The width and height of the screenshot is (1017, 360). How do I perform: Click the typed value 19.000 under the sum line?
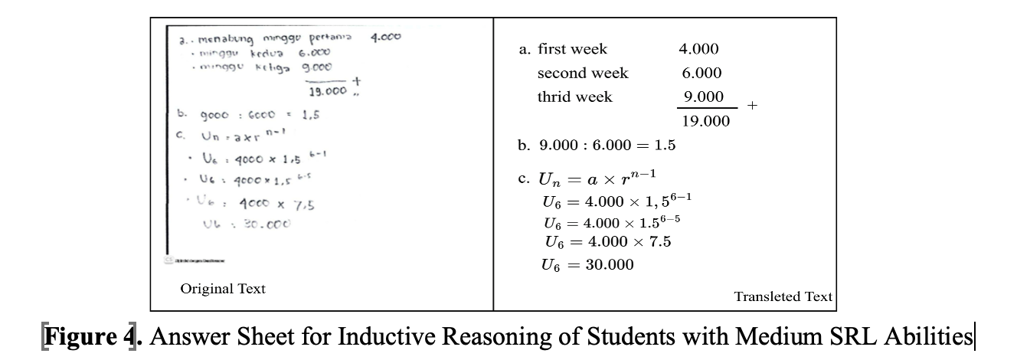(x=705, y=122)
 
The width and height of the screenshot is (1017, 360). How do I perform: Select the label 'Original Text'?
(x=223, y=289)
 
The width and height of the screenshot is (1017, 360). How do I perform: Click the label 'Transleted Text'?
(x=783, y=296)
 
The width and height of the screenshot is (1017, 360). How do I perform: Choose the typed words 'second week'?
(x=582, y=74)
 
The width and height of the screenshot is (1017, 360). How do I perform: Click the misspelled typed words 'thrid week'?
(x=574, y=97)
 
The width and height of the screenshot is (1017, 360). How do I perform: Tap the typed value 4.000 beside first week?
(x=698, y=50)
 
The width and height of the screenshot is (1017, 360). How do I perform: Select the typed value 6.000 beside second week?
(x=701, y=74)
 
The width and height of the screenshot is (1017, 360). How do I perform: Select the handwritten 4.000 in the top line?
(x=386, y=37)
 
